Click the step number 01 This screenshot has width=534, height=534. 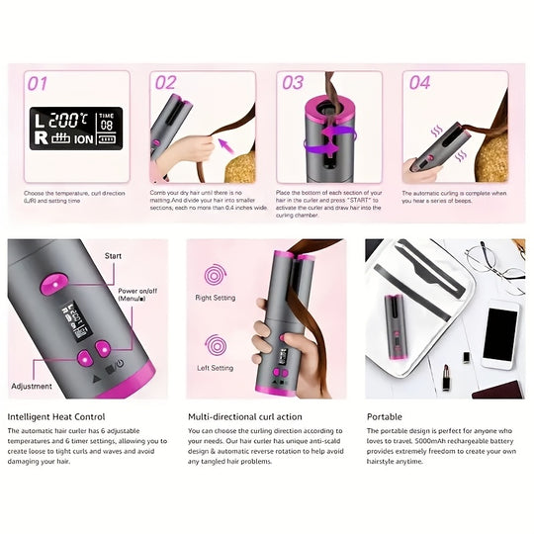point(37,83)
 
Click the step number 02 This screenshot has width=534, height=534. point(164,83)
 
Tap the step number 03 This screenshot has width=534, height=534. point(293,83)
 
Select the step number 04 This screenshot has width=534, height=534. point(420,83)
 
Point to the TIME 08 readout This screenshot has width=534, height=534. point(107,122)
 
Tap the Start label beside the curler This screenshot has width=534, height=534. point(113,255)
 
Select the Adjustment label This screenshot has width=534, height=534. point(33,386)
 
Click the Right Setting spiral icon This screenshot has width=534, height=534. point(214,276)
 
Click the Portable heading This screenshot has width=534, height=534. point(384,417)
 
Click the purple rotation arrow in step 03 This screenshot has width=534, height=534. point(297,145)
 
